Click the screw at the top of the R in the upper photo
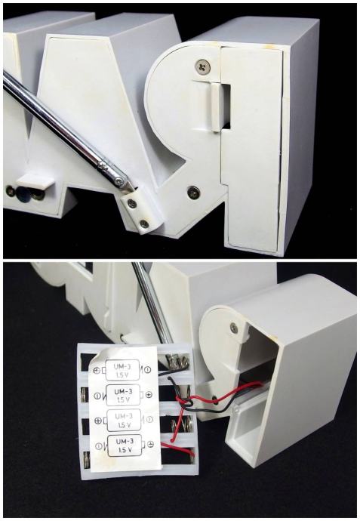202,66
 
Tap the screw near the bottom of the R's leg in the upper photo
193,191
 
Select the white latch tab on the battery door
216,107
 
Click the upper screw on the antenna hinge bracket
132,203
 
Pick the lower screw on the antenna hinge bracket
144,224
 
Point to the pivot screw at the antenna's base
119,181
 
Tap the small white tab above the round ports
35,180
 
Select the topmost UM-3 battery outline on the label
122,370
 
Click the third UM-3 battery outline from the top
122,420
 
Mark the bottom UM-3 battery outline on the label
125,445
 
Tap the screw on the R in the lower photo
234,328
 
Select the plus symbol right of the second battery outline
149,395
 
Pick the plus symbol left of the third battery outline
97,421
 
